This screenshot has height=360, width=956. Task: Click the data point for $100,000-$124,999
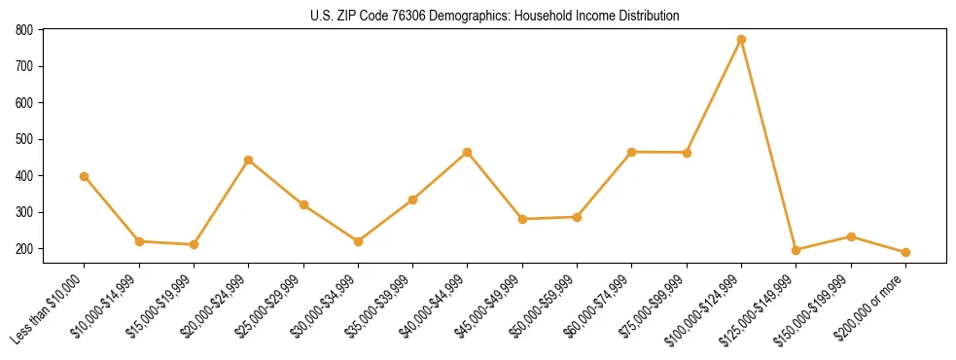tap(741, 40)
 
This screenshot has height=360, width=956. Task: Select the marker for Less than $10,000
tap(85, 177)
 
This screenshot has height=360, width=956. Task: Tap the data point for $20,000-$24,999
tap(249, 161)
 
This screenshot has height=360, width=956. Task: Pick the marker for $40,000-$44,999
tap(468, 153)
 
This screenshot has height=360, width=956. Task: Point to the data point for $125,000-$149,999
tap(797, 250)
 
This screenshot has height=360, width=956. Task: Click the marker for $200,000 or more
tap(905, 252)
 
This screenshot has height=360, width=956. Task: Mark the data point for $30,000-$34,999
tap(358, 241)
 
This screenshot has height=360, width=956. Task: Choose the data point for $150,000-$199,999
tap(851, 236)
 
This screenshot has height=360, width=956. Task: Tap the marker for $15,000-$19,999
tap(194, 244)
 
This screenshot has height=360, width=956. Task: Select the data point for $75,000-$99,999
tap(687, 153)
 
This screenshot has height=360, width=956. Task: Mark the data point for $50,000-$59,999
tap(577, 217)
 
